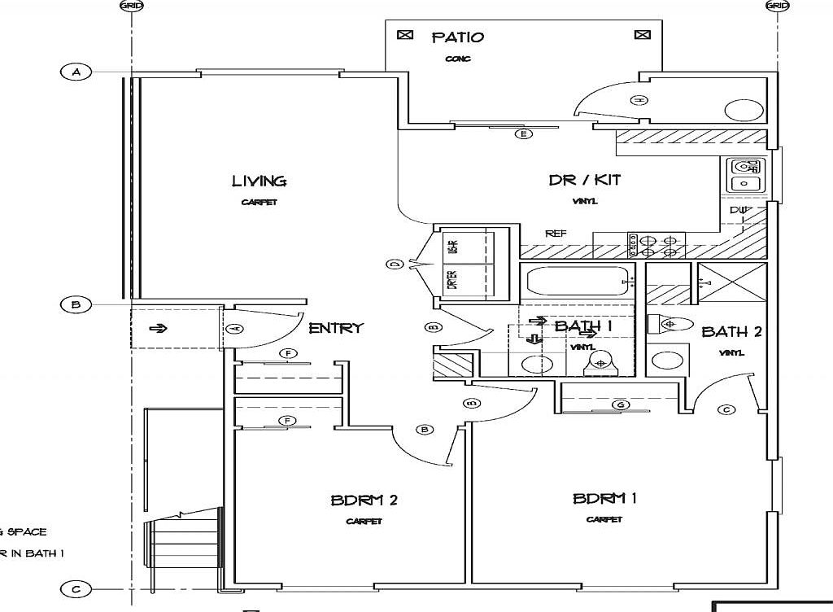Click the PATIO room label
pyautogui.click(x=457, y=37)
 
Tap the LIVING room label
pyautogui.click(x=259, y=181)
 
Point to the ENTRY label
pyautogui.click(x=335, y=328)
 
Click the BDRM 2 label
pyautogui.click(x=364, y=500)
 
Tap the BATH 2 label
pyautogui.click(x=731, y=332)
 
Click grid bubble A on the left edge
pyautogui.click(x=76, y=72)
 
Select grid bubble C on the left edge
pyautogui.click(x=76, y=589)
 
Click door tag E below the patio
pyautogui.click(x=524, y=133)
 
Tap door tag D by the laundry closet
pyautogui.click(x=395, y=264)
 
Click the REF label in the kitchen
pyautogui.click(x=556, y=234)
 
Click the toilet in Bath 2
pyautogui.click(x=666, y=324)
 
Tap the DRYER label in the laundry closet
pyautogui.click(x=452, y=279)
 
